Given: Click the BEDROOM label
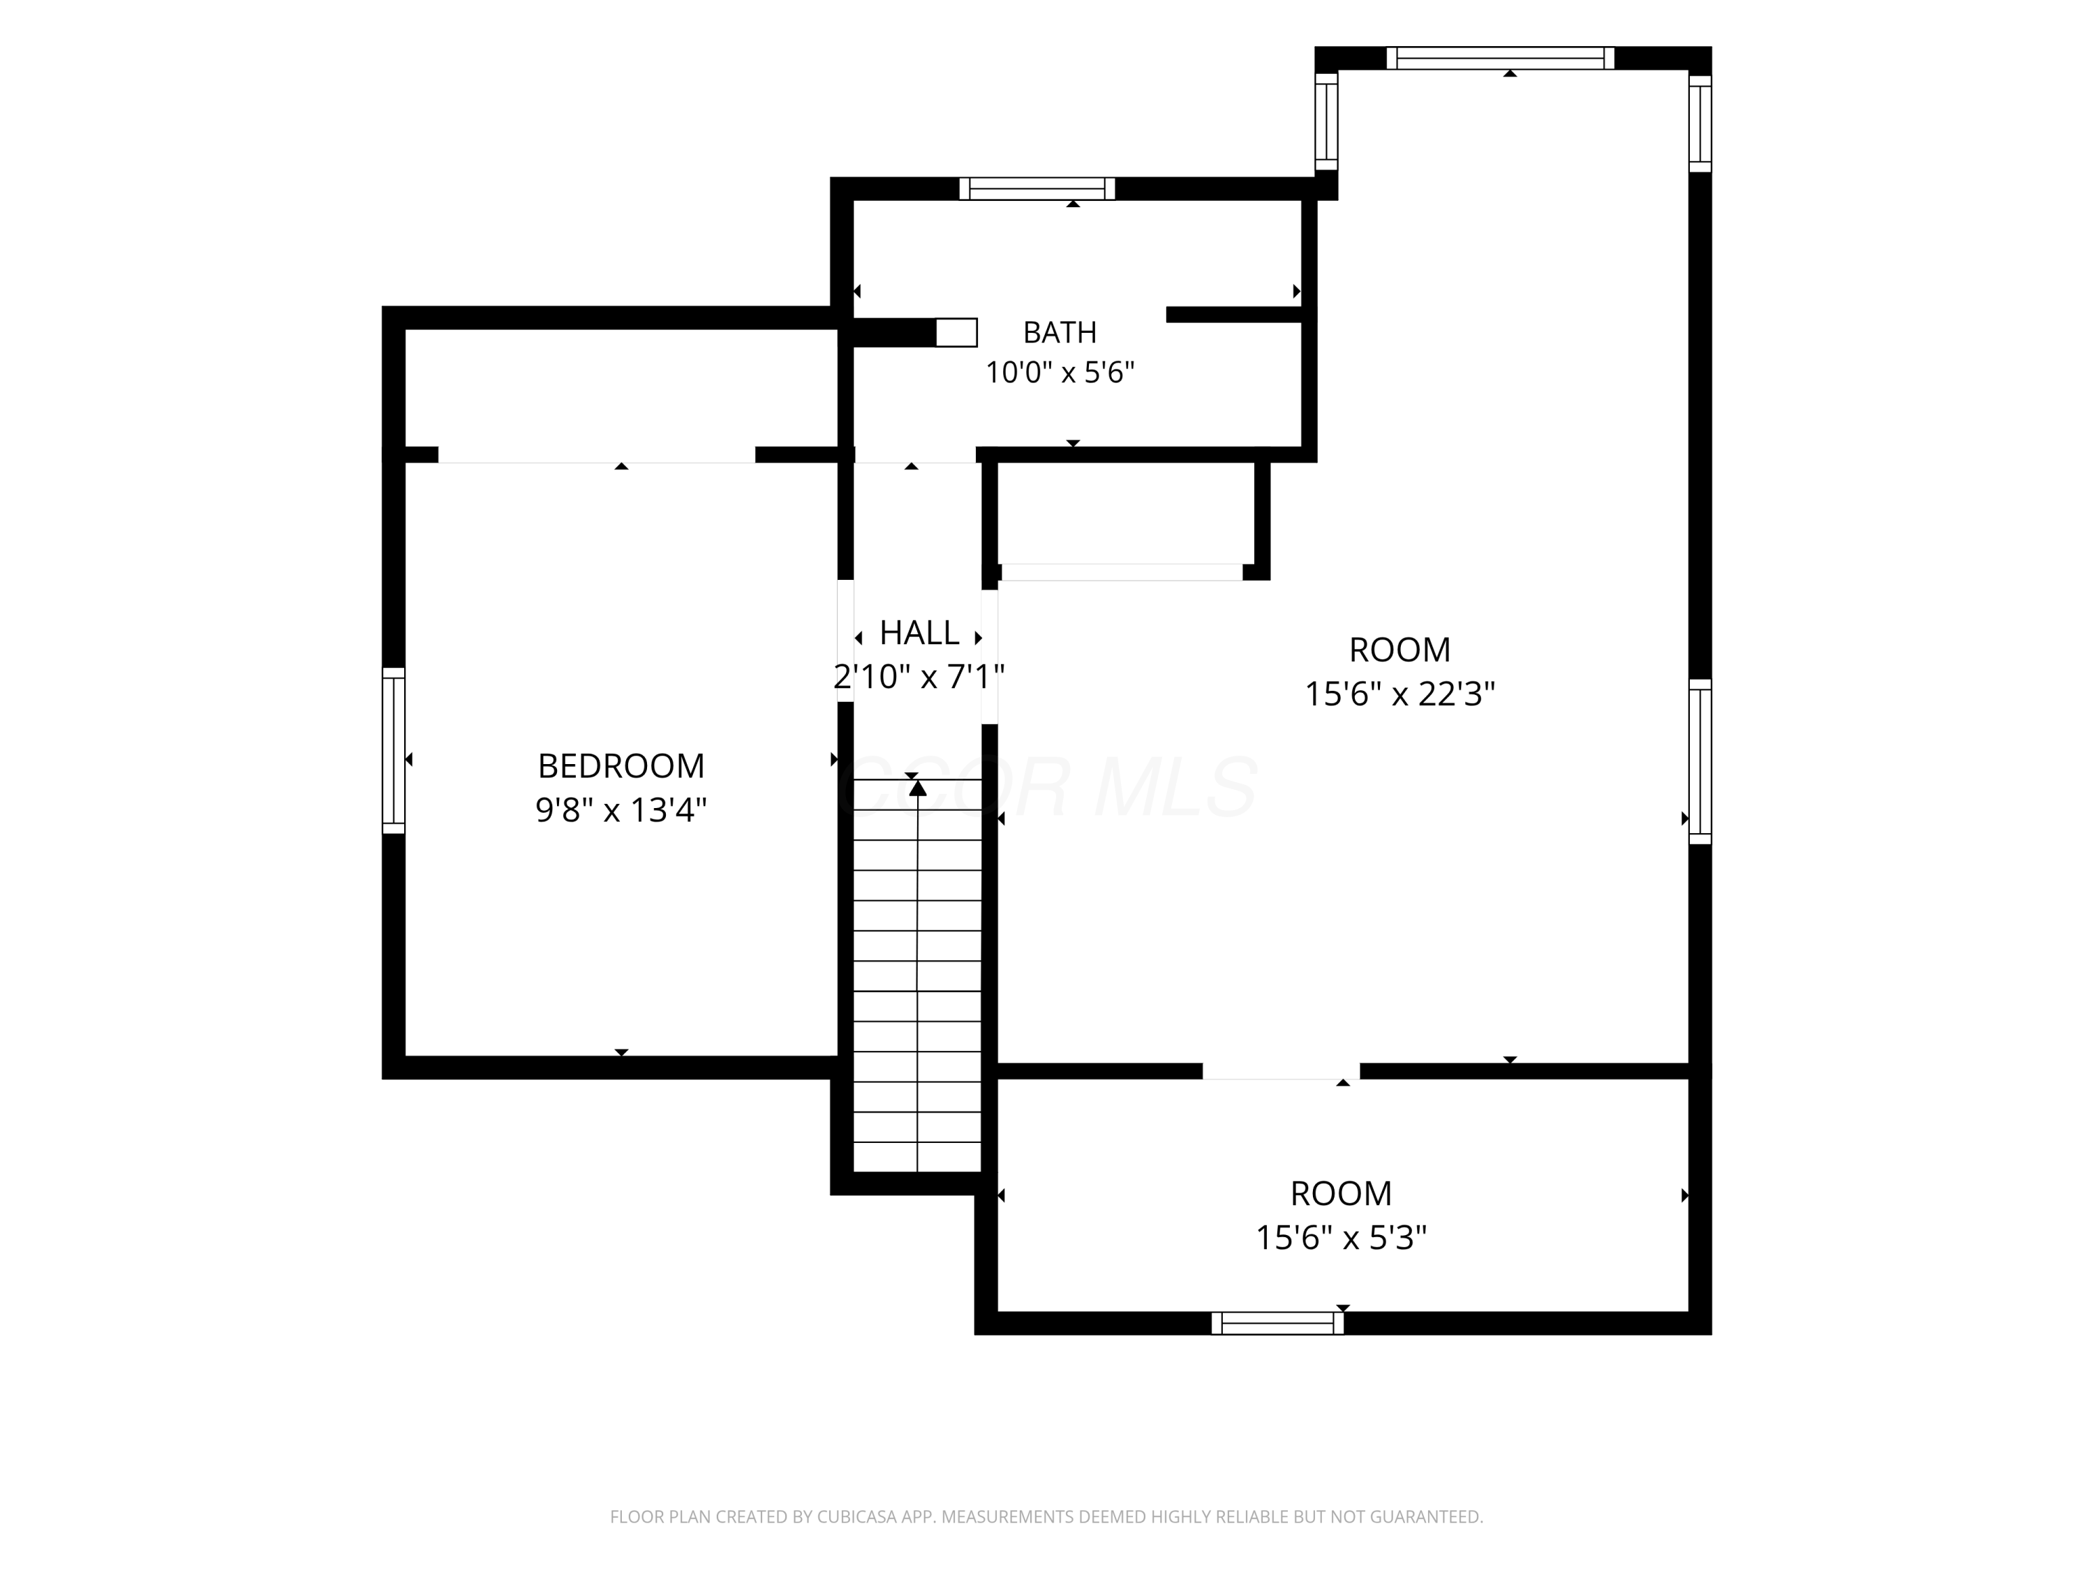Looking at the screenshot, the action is pos(621,765).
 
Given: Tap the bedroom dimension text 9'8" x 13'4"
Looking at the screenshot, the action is pos(621,810).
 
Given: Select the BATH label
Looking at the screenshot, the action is pos(1060,332).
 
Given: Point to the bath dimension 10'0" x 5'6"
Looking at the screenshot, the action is pos(1060,373).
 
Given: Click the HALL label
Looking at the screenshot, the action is pos(919,632).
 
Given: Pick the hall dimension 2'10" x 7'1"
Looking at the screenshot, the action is pos(919,677).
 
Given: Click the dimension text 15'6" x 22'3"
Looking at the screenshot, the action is pos(1400,694).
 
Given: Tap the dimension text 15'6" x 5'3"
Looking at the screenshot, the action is pos(1342,1238).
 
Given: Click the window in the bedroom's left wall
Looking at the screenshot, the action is pos(394,750).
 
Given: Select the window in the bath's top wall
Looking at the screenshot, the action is pos(1037,188).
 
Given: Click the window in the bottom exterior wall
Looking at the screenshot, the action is pos(1278,1323).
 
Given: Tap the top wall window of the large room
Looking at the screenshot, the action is pos(1501,58).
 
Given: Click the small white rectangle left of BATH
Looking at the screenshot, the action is pos(956,332).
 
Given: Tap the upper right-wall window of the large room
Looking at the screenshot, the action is pos(1700,124).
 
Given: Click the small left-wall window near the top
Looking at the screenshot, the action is pos(1326,121).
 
